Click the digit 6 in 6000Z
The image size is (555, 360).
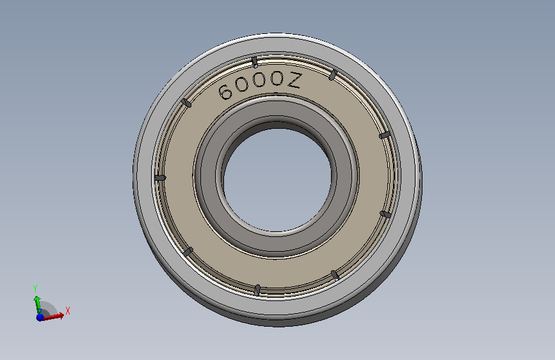(225, 92)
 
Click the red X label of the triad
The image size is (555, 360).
(68, 311)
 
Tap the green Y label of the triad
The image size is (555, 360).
(35, 288)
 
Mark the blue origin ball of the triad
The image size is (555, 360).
(40, 316)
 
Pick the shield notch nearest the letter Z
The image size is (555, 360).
(332, 75)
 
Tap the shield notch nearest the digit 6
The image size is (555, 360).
(187, 102)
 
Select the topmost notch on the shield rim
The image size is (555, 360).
(255, 62)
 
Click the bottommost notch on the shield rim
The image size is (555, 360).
(257, 290)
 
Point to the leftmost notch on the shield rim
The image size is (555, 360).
(160, 177)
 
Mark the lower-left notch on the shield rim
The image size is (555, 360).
(188, 252)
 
